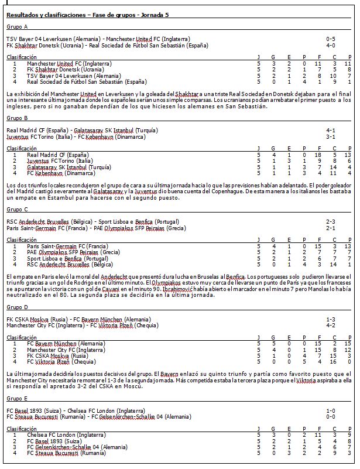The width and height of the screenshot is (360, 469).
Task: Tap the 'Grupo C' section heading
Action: [x=16, y=209]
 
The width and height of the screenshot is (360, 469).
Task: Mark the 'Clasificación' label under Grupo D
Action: [x=21, y=337]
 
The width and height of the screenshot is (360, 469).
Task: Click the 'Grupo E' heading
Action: [x=16, y=398]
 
